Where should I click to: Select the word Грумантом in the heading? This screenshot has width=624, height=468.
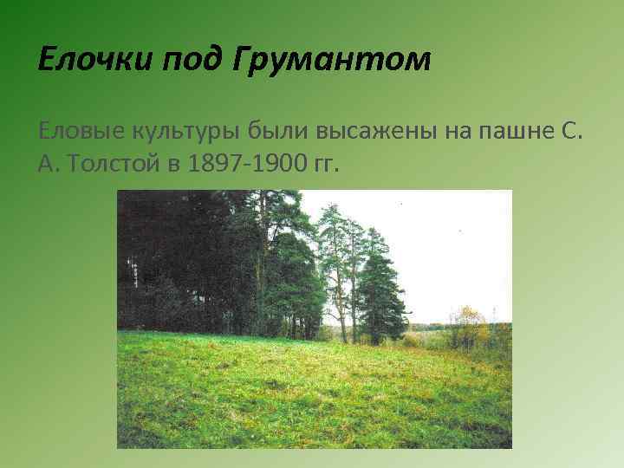(x=328, y=62)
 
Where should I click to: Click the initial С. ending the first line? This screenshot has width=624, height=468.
(x=579, y=133)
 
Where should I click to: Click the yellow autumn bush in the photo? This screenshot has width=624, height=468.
(x=469, y=326)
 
